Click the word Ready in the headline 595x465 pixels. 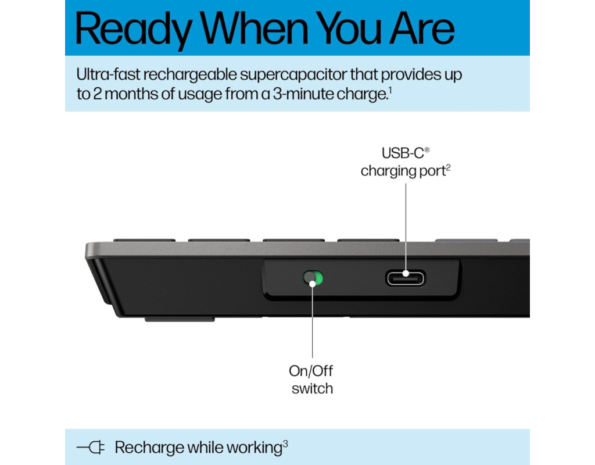[x=134, y=30]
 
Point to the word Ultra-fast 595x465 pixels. [x=108, y=74]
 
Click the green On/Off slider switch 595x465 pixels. [x=313, y=278]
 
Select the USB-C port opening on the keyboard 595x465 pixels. [x=406, y=278]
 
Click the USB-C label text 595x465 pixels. [x=403, y=153]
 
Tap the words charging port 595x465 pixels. [x=403, y=171]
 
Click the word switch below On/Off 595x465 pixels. [x=312, y=389]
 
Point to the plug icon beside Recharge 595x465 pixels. [x=91, y=447]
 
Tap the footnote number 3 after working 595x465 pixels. [x=285, y=443]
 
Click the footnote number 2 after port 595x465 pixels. [x=448, y=167]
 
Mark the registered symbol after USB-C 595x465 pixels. [x=427, y=149]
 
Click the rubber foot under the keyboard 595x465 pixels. [x=180, y=319]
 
